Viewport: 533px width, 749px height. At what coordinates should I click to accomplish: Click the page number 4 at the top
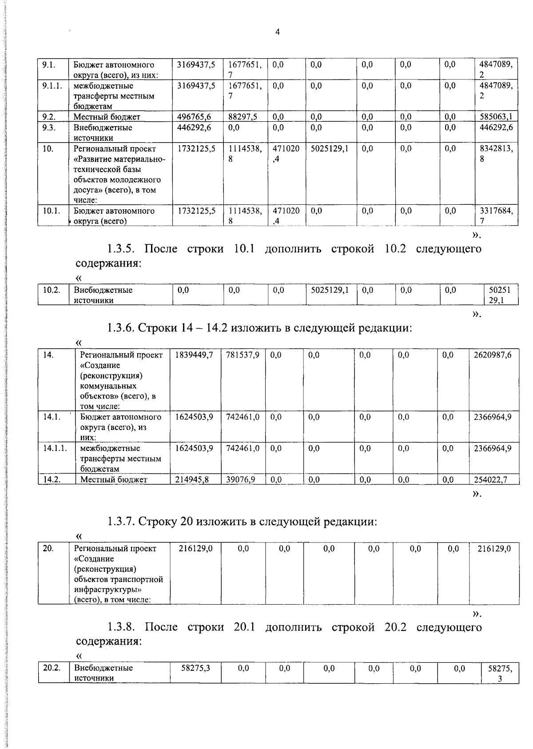(278, 32)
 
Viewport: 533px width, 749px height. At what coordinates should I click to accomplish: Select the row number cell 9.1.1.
(52, 86)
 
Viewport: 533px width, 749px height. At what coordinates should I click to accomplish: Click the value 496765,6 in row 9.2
(194, 117)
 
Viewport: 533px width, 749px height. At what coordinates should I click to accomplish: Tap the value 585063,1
(496, 117)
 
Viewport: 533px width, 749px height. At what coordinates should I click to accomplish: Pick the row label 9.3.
(49, 127)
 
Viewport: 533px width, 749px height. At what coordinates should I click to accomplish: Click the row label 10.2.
(51, 290)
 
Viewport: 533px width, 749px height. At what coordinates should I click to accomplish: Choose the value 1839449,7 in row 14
(194, 355)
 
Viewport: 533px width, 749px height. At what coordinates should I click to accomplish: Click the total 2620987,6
(493, 355)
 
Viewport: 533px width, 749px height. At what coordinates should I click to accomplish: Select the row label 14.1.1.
(55, 448)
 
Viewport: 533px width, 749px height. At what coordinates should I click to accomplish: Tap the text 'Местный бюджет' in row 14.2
(114, 479)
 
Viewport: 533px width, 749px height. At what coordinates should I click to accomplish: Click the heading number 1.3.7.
(120, 522)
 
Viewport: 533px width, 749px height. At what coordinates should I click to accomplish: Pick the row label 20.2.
(51, 668)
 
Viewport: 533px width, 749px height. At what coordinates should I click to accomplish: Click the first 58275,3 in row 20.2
(195, 668)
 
